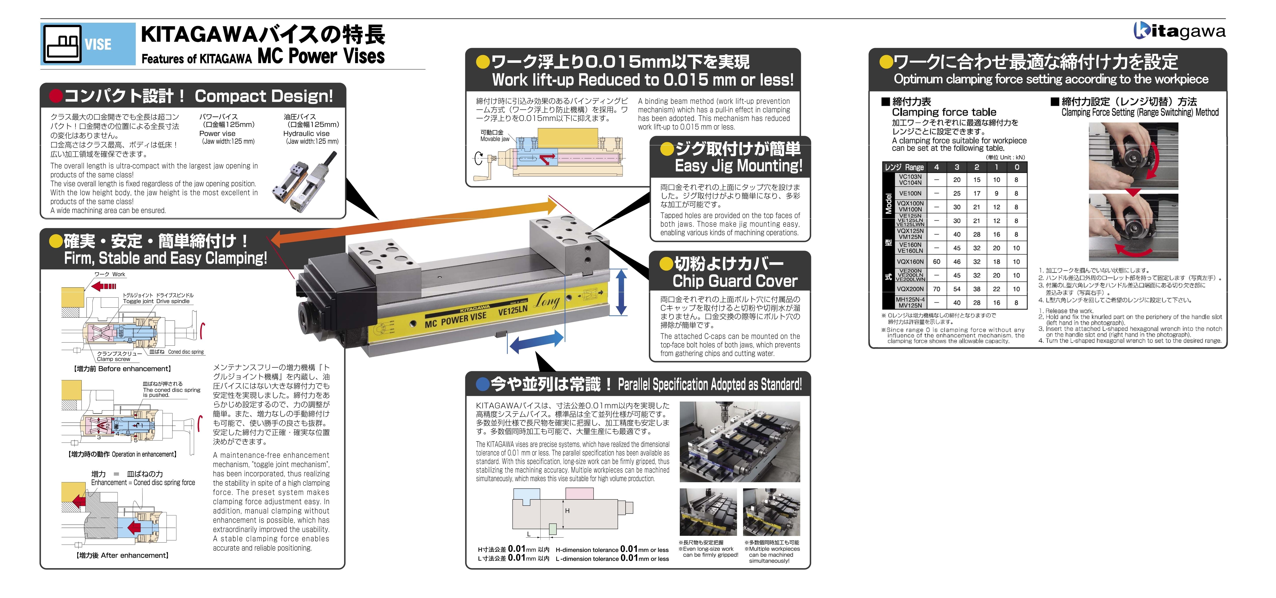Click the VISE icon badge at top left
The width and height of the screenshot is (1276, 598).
click(x=88, y=44)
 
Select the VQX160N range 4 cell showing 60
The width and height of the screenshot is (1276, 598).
click(x=936, y=261)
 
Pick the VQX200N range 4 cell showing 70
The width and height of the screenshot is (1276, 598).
click(x=936, y=289)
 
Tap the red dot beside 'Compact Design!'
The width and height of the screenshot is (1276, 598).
click(x=56, y=95)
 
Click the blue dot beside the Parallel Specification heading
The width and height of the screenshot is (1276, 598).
click(x=482, y=384)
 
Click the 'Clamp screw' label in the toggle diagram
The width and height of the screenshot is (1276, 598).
click(x=113, y=359)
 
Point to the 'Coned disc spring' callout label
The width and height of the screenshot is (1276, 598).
click(x=186, y=352)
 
